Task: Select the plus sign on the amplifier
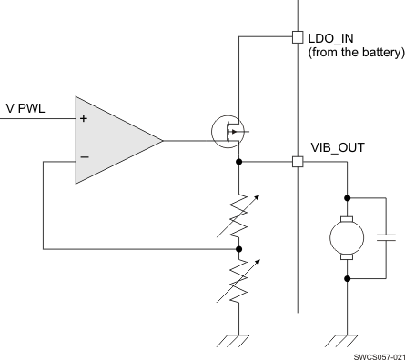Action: point(85,119)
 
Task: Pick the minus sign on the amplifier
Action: point(85,157)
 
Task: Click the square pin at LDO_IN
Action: point(297,37)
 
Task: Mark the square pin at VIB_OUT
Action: point(297,162)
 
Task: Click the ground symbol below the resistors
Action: point(238,339)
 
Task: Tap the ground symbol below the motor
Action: point(347,339)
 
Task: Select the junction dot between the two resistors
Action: point(238,247)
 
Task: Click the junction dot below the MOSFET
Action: point(238,162)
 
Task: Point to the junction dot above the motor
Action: point(347,195)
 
